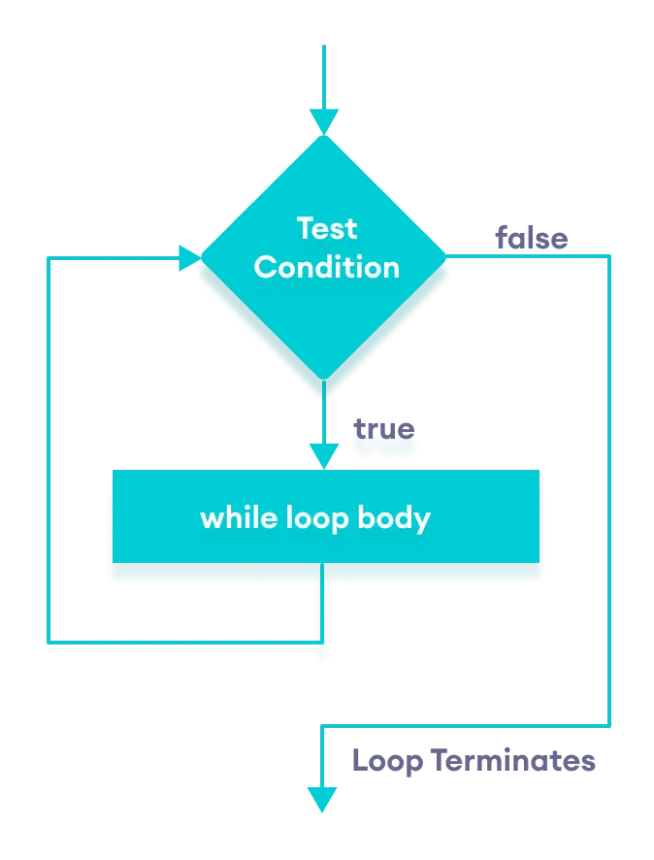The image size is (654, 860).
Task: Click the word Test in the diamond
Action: [x=327, y=229]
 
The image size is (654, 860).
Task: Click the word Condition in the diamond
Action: [x=327, y=268]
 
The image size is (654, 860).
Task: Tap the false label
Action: [x=531, y=238]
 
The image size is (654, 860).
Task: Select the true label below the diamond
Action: [x=383, y=428]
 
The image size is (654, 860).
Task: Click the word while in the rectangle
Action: [x=232, y=517]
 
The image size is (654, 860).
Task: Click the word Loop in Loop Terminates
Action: [x=387, y=760]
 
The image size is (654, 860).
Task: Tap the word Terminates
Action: [x=512, y=760]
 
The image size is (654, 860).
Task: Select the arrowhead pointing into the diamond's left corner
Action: [x=190, y=258]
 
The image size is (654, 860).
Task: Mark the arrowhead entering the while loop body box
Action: [x=324, y=457]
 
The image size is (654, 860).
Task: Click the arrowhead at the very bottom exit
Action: [x=322, y=800]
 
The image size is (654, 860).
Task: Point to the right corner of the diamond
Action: [x=447, y=257]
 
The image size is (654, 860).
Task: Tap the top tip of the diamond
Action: [x=324, y=136]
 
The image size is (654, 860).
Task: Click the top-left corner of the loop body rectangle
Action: [x=114, y=472]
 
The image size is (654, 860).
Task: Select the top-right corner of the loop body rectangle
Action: [x=539, y=472]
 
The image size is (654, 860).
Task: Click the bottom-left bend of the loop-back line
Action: [x=49, y=642]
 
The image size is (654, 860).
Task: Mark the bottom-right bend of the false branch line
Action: [x=609, y=725]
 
